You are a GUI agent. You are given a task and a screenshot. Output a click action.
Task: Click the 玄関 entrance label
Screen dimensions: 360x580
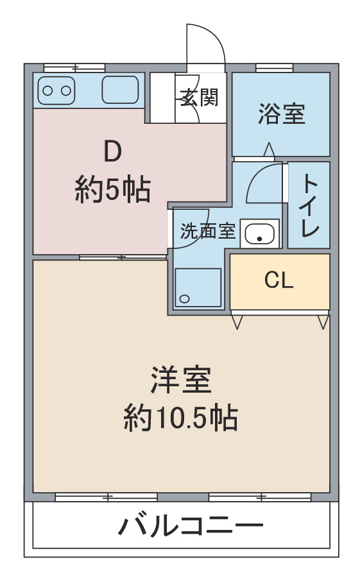pyautogui.click(x=200, y=98)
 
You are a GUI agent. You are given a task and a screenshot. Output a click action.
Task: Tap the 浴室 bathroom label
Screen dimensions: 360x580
pyautogui.click(x=282, y=114)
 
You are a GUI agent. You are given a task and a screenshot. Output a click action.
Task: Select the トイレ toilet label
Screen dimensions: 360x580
pyautogui.click(x=309, y=205)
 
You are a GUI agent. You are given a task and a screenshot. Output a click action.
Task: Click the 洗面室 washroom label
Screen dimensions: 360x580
pyautogui.click(x=207, y=231)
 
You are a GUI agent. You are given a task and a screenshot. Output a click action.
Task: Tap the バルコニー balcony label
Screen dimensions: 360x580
pyautogui.click(x=191, y=525)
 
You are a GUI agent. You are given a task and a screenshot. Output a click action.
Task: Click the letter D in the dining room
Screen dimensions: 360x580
pyautogui.click(x=112, y=151)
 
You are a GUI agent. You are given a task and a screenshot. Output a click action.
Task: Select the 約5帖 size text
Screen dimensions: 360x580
pyautogui.click(x=112, y=190)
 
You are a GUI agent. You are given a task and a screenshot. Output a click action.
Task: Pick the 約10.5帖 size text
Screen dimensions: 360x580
pyautogui.click(x=180, y=418)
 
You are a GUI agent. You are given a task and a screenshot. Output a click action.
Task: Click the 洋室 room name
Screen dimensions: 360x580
pyautogui.click(x=181, y=380)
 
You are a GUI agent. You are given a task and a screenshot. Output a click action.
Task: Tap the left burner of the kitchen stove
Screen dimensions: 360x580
pyautogui.click(x=47, y=90)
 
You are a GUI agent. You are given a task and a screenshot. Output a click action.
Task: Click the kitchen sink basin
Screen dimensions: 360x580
pyautogui.click(x=120, y=90)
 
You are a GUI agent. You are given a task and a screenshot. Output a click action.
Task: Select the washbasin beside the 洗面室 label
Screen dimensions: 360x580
pyautogui.click(x=259, y=234)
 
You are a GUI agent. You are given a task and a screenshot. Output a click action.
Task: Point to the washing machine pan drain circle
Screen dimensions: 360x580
pyautogui.click(x=184, y=298)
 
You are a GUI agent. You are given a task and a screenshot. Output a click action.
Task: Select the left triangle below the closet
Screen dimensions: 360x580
pyautogui.click(x=237, y=322)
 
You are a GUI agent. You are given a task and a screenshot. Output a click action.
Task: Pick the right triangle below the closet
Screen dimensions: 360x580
pyautogui.click(x=323, y=322)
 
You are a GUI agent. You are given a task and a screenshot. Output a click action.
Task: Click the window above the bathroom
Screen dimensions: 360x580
pyautogui.click(x=274, y=68)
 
